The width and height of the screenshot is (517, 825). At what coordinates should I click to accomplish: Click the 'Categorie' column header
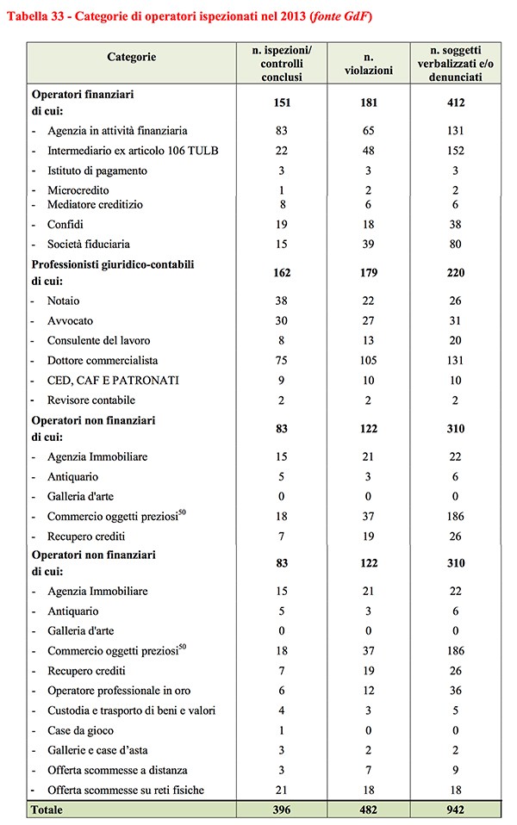132,57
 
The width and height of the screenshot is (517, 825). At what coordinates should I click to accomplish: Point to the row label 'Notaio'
65,301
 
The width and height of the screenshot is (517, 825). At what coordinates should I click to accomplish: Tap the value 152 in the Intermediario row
456,151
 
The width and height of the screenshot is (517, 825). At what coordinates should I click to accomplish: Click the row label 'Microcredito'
78,189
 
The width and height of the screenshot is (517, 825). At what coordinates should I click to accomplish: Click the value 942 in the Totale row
456,810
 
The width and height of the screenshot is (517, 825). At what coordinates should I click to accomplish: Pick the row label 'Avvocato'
71,320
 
